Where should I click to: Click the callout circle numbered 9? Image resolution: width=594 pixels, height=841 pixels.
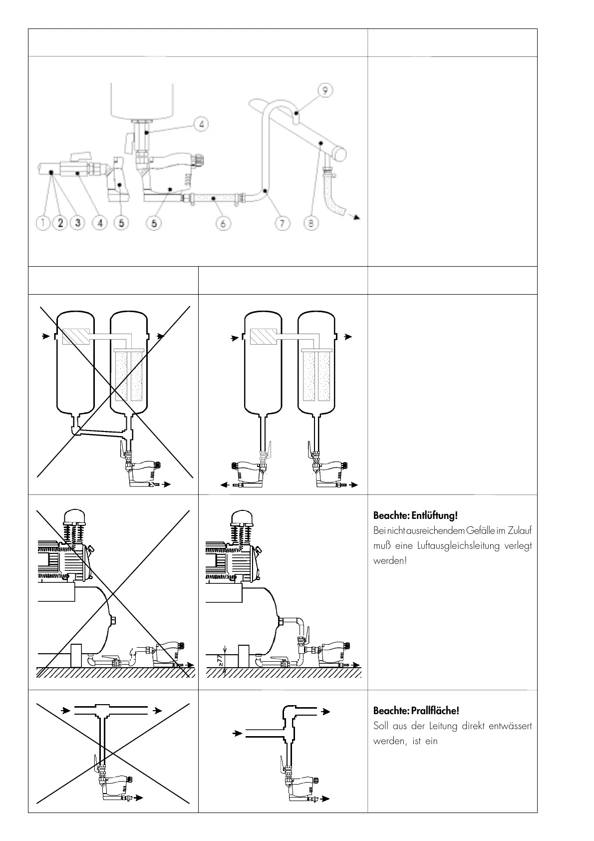325,90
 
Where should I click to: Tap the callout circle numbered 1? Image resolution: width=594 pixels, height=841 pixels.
43,223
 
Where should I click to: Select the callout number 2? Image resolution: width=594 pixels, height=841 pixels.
60,223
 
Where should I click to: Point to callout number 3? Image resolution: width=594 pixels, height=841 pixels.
78,223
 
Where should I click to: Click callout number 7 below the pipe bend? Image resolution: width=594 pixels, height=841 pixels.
283,223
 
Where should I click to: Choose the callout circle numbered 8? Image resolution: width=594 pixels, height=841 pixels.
311,223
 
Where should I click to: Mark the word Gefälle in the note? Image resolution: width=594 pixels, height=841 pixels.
480,530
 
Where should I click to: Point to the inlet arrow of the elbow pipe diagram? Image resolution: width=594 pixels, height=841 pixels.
237,734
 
